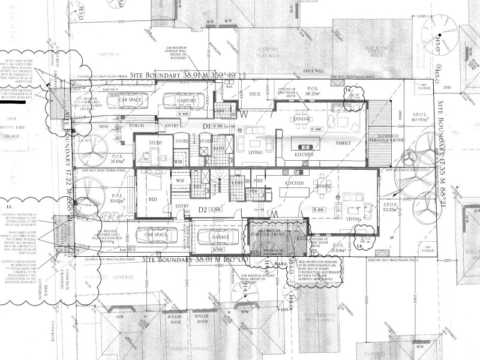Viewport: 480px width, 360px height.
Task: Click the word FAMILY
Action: click(343, 143)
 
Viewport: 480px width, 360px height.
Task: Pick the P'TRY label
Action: click(259, 181)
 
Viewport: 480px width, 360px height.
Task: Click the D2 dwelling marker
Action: click(202, 209)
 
